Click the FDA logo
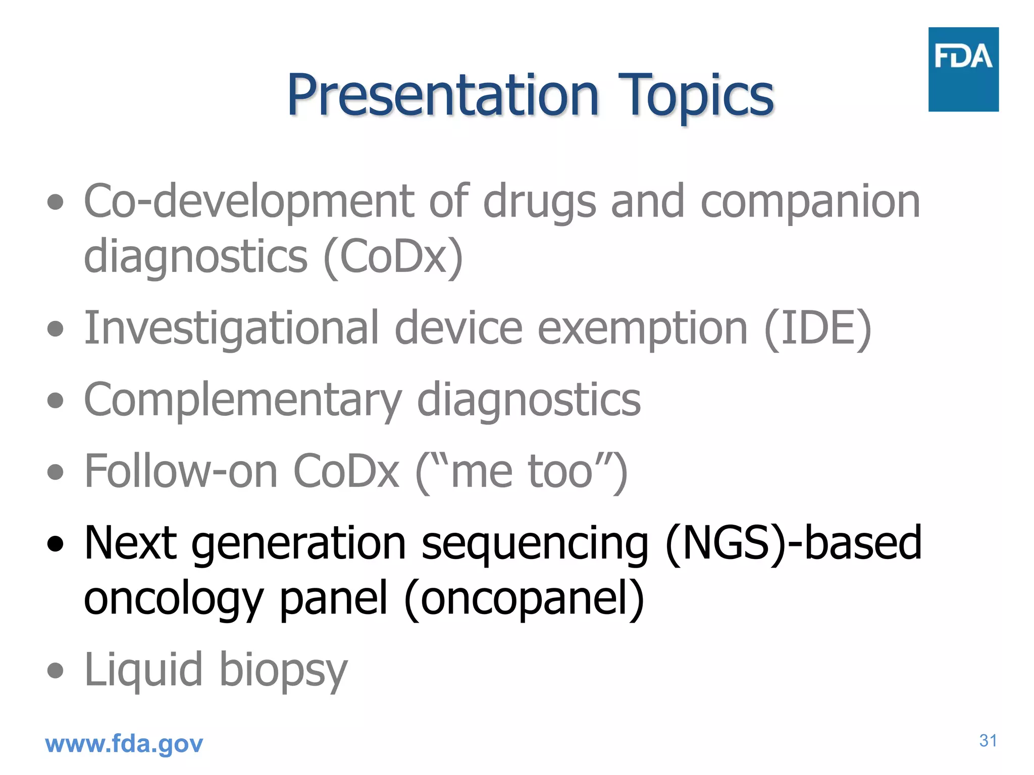(963, 69)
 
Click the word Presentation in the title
(443, 95)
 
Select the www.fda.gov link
(124, 744)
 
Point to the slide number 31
(988, 741)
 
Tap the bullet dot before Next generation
(55, 544)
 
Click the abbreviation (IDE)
(817, 329)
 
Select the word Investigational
(231, 329)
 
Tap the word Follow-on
(181, 471)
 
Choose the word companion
(810, 202)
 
